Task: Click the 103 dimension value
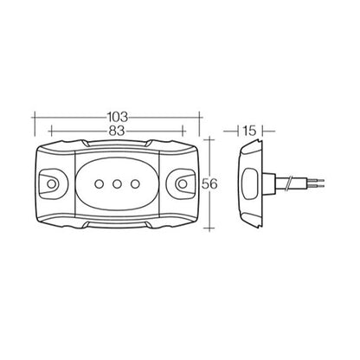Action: [x=118, y=117]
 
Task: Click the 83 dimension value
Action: [x=117, y=131]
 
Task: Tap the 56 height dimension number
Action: [x=209, y=183]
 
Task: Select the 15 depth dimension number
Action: [x=249, y=131]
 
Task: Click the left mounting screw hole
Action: [x=51, y=183]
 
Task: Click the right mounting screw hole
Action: [x=183, y=183]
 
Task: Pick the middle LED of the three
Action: [x=117, y=183]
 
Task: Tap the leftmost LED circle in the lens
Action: [x=100, y=183]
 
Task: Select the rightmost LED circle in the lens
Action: [x=135, y=183]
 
